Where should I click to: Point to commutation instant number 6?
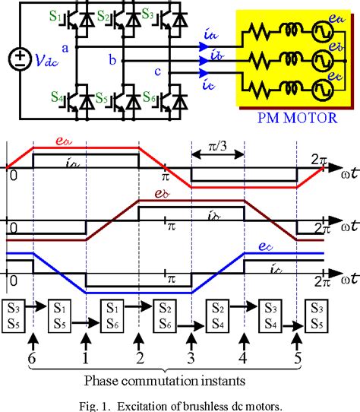pos(32,355)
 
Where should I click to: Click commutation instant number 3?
pos(191,355)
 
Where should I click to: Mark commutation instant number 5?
pos(296,355)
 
